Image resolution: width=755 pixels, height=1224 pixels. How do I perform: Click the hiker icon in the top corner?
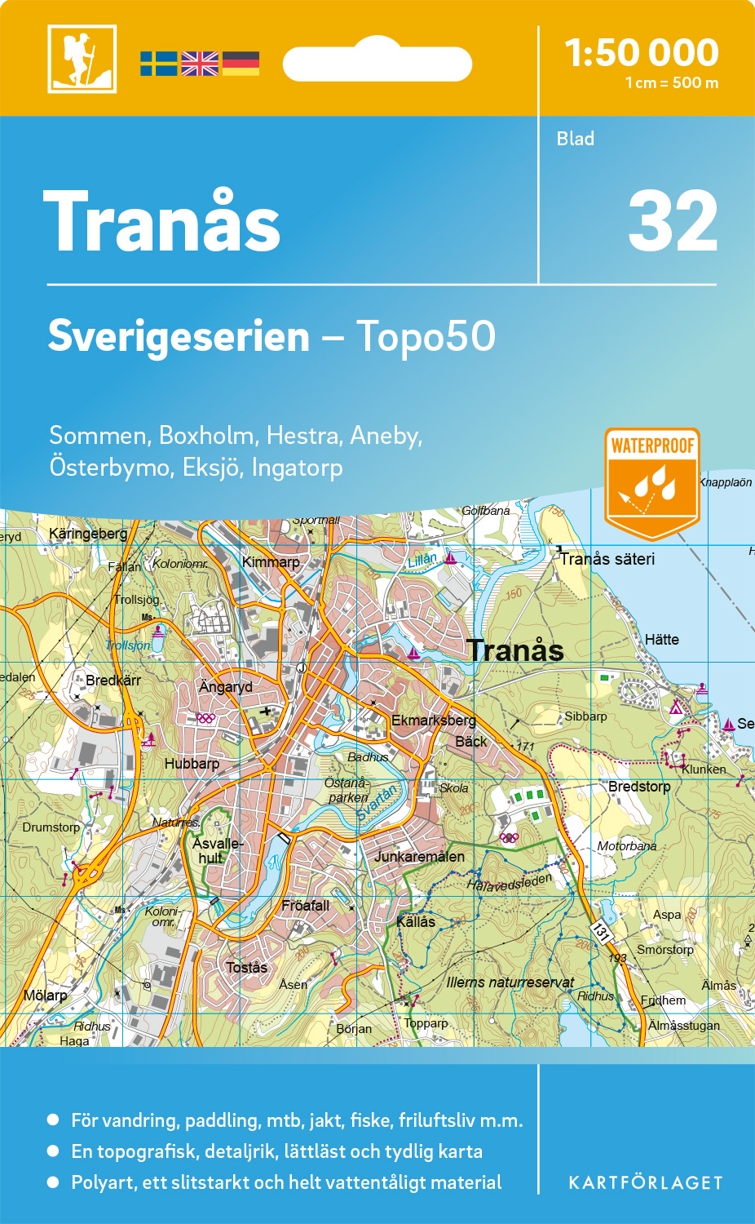[82, 59]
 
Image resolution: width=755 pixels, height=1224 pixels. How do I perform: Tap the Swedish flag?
[158, 64]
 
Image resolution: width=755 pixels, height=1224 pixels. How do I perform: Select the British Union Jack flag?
[200, 64]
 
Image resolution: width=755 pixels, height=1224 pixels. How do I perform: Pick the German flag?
[241, 64]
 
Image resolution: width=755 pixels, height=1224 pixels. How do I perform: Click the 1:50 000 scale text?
[642, 53]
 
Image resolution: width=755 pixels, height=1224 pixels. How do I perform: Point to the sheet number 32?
[673, 222]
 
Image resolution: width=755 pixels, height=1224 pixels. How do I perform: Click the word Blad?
[576, 139]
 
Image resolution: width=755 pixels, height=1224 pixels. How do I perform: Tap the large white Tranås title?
[162, 223]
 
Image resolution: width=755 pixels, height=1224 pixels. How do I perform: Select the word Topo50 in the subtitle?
[426, 336]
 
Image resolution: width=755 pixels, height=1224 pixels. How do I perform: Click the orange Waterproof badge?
[651, 482]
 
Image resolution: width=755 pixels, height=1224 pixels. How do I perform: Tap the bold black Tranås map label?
[515, 650]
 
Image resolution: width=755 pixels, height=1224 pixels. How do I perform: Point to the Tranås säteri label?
[607, 559]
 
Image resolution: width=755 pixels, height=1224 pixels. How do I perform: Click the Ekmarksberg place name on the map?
[433, 721]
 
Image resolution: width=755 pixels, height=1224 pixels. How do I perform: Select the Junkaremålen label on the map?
[419, 857]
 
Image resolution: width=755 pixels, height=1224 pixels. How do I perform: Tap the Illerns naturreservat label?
[510, 982]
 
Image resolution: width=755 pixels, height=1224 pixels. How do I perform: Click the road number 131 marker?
[601, 931]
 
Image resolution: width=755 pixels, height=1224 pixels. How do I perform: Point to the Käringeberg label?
[88, 534]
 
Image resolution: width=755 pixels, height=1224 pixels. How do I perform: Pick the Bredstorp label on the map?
[639, 787]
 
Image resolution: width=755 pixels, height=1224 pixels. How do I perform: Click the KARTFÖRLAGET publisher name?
[646, 1183]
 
